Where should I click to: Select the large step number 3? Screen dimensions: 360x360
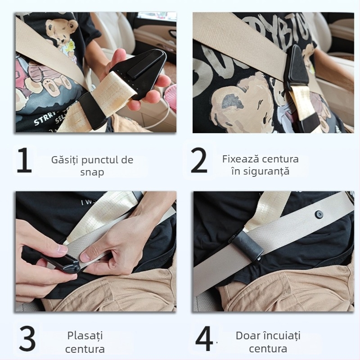point(27,339)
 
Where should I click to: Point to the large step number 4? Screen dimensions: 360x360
point(204,339)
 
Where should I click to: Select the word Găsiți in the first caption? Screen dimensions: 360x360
point(66,160)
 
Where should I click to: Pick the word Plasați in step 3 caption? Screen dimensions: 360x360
point(85,336)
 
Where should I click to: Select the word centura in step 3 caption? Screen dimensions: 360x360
point(85,349)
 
